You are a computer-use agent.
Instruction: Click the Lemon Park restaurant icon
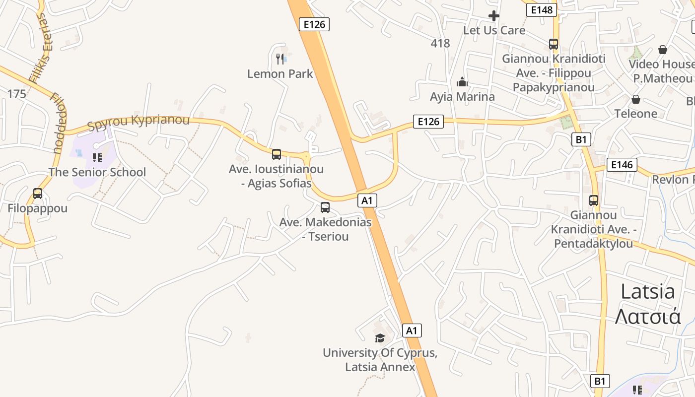[x=280, y=59]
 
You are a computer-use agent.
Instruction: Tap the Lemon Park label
[x=280, y=74]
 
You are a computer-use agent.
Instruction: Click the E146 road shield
[x=622, y=165]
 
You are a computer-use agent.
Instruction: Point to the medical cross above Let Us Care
[x=493, y=16]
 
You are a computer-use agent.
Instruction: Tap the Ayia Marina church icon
[x=462, y=82]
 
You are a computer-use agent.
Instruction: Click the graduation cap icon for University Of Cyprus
[x=380, y=338]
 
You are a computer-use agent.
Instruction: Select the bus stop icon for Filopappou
[x=38, y=194]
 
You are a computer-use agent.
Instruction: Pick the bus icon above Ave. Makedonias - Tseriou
[x=325, y=207]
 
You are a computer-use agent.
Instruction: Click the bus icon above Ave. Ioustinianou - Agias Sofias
[x=277, y=154]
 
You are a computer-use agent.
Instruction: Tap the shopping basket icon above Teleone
[x=635, y=99]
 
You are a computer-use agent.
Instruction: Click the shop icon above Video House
[x=662, y=50]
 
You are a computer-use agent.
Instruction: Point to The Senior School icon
[x=97, y=158]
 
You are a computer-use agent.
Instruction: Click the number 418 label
[x=440, y=43]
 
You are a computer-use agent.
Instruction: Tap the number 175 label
[x=16, y=93]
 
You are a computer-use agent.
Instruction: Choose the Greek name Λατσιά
[x=648, y=316]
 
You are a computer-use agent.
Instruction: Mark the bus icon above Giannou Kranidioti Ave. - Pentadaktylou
[x=594, y=200]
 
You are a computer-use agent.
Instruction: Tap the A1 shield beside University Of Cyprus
[x=412, y=331]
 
